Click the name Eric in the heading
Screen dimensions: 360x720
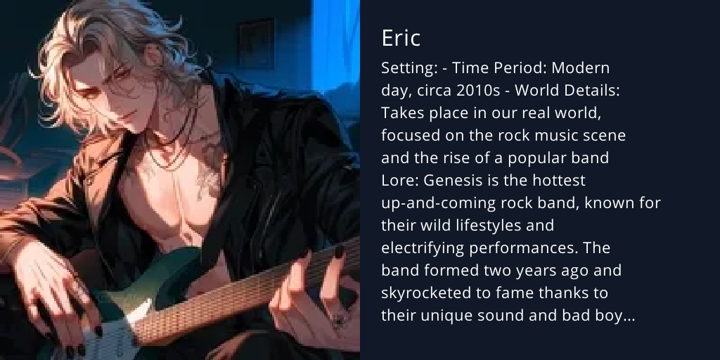401,39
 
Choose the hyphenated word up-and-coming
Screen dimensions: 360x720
438,203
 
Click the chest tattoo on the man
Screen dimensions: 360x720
204,169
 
